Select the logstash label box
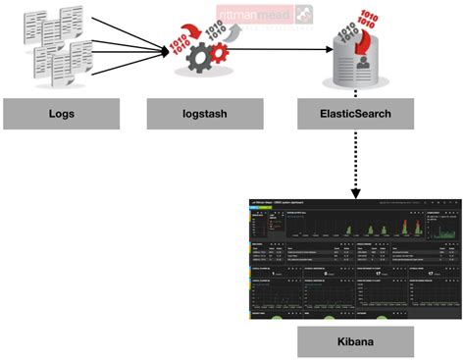coord(194,114)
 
